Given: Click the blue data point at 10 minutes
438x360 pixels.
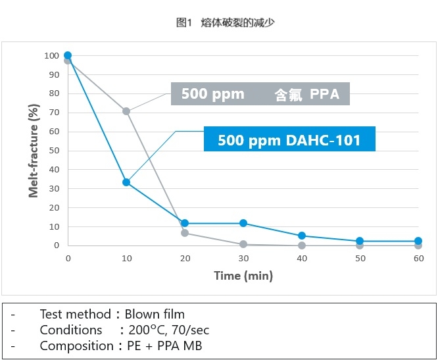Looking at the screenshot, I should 126,182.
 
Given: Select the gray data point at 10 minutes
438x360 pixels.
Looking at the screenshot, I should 126,111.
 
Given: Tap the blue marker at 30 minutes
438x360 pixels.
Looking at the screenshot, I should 243,223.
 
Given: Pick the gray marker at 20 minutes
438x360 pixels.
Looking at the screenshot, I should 185,233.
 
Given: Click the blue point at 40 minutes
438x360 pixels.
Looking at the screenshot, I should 302,236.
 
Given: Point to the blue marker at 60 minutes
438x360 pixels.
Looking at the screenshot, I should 418,241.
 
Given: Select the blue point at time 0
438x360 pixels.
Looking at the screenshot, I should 68,56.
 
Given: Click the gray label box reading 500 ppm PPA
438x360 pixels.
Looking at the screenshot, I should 260,94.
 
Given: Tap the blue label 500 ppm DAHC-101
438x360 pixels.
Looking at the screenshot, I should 289,140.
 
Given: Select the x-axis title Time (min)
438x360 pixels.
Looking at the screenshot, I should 243,276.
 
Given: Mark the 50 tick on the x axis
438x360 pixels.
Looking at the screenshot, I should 360,259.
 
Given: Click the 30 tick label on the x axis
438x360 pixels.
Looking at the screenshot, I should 243,259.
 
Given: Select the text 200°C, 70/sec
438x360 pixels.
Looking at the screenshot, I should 169,330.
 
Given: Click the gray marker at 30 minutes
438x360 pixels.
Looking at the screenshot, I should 243,244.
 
